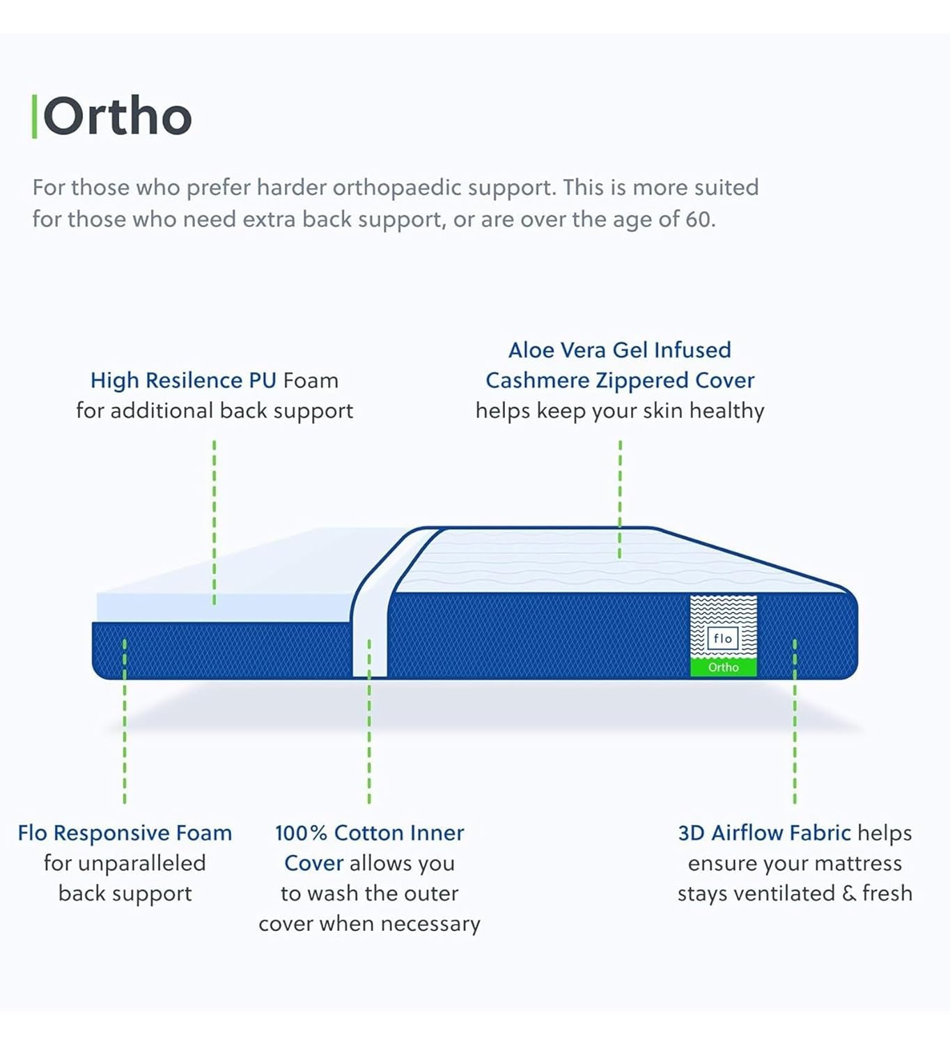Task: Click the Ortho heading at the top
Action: (x=118, y=116)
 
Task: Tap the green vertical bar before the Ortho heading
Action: (x=34, y=116)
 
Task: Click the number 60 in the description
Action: (x=697, y=219)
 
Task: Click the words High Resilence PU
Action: (x=183, y=381)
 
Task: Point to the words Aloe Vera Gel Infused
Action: (x=620, y=350)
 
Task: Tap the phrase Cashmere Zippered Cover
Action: (x=620, y=381)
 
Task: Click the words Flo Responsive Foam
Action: (x=125, y=833)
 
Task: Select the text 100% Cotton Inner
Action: (x=369, y=833)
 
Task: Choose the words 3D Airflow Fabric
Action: (x=764, y=833)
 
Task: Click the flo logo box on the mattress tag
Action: (x=723, y=638)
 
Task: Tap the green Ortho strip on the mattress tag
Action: (x=724, y=667)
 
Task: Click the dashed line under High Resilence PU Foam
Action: (x=214, y=522)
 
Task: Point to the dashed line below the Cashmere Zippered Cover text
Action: (x=620, y=500)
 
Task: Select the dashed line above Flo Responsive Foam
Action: (x=125, y=721)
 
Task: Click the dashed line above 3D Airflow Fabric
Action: (x=794, y=721)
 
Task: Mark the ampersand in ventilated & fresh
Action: (x=849, y=893)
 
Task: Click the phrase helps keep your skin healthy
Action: (x=620, y=412)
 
